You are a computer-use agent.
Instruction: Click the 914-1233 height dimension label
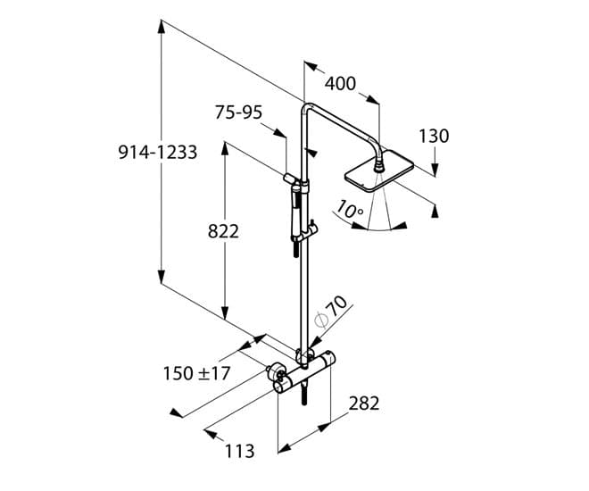pos(158,153)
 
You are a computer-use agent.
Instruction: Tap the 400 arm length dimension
pos(340,84)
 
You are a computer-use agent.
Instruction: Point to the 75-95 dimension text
pos(238,112)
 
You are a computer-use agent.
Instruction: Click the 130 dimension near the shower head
pos(434,136)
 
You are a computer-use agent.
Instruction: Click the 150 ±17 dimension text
pos(196,373)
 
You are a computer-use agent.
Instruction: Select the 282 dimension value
pos(363,403)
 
